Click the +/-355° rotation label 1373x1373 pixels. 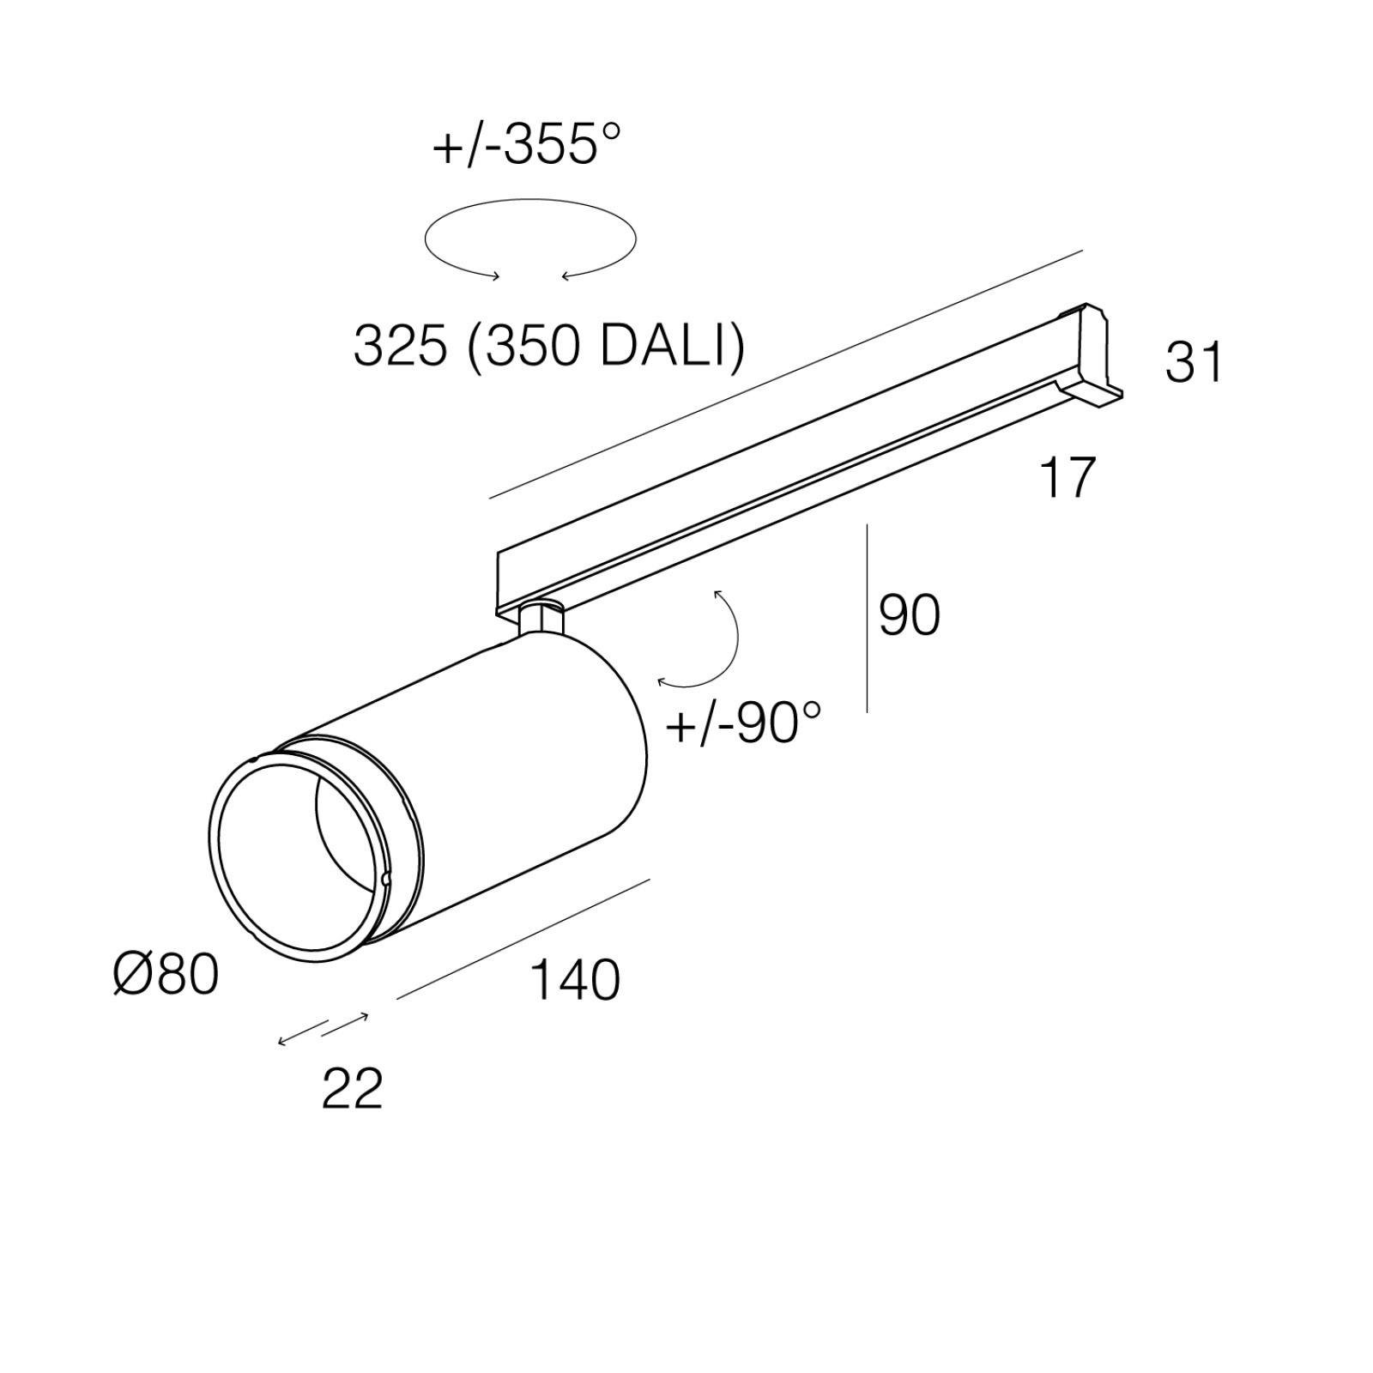coord(525,144)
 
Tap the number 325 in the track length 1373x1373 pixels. coord(401,348)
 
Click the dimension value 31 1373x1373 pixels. coord(1194,361)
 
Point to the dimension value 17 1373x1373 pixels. coord(1068,477)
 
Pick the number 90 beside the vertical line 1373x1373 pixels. coord(910,614)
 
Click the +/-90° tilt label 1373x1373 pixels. coord(743,723)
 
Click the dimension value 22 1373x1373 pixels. coord(352,1089)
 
